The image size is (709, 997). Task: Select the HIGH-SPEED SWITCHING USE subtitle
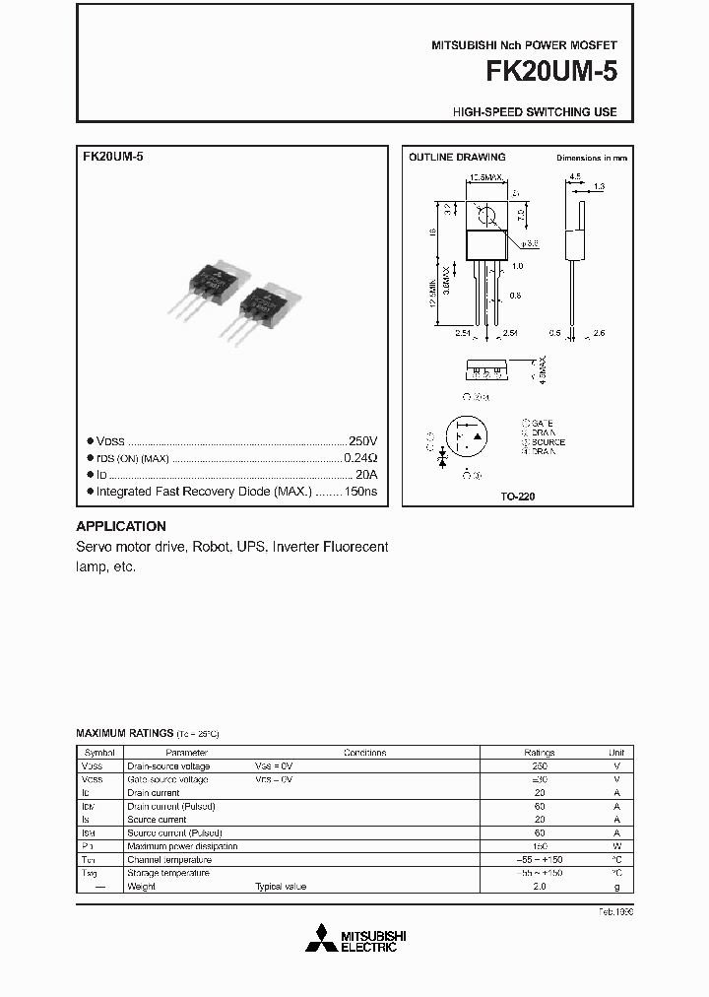pos(535,111)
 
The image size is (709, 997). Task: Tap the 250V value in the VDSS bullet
pos(362,441)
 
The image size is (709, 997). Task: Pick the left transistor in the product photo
pos(210,286)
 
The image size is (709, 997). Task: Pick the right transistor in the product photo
pos(261,305)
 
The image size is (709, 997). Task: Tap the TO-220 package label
pos(517,498)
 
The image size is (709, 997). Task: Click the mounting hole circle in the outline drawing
pos(483,212)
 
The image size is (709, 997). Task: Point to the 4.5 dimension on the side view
pos(574,178)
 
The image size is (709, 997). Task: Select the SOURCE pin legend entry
pos(547,442)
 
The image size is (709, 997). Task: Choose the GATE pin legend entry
pos(541,425)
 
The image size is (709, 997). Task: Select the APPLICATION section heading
pos(121,526)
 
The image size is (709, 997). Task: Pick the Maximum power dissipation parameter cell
pos(182,846)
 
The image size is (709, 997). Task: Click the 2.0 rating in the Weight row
pos(539,887)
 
